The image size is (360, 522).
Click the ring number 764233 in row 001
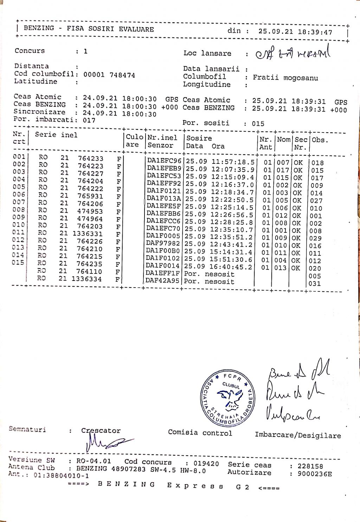[91, 159]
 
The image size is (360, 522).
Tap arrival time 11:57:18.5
[233, 162]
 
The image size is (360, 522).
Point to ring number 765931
[91, 196]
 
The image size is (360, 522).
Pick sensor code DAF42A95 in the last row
[163, 281]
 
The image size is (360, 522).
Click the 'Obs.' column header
[320, 140]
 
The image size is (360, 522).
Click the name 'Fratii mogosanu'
[285, 77]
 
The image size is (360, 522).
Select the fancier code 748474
[122, 75]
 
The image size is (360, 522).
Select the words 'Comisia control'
[200, 433]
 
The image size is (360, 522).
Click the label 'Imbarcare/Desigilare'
[298, 436]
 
